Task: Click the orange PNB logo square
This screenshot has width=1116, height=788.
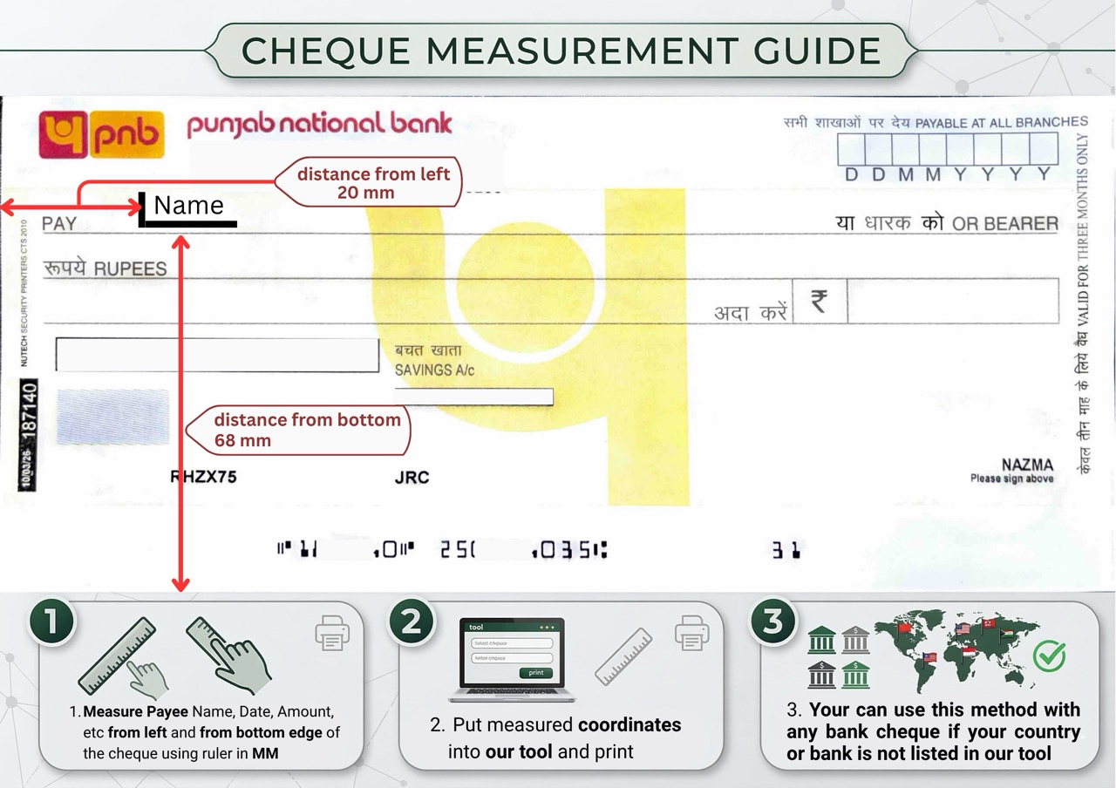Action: point(101,134)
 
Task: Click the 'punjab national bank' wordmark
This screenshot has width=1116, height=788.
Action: point(319,125)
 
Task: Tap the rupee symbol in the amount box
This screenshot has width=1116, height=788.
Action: point(819,301)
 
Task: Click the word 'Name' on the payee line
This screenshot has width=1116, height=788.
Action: point(188,206)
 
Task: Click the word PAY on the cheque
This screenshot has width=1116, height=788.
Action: point(59,224)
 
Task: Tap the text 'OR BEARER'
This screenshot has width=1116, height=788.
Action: point(1004,224)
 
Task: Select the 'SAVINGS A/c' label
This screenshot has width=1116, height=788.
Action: point(435,370)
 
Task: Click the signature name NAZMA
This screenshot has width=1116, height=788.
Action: point(1027,465)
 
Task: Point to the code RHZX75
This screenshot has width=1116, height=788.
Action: point(203,477)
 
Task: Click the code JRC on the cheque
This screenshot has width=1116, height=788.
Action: point(412,478)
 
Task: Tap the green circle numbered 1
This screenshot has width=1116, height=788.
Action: point(52,622)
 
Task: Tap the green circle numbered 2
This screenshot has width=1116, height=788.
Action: point(412,622)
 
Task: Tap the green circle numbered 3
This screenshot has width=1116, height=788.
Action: point(772,622)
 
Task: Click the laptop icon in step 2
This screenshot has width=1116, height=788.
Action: point(512,660)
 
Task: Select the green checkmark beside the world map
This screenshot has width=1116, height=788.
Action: point(1049,655)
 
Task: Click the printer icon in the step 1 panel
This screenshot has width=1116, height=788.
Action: point(332,633)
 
